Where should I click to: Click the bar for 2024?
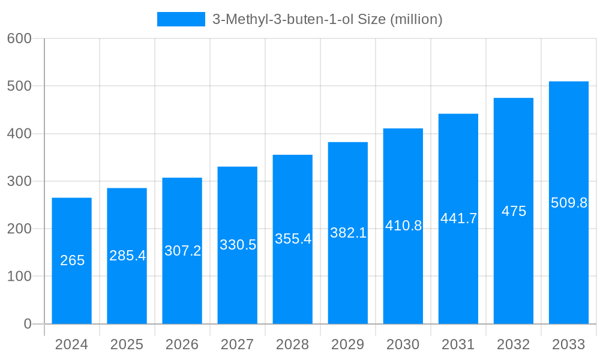pyautogui.click(x=72, y=261)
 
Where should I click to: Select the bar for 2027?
pyautogui.click(x=238, y=245)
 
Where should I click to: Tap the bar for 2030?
pyautogui.click(x=403, y=226)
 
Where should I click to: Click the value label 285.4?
pyautogui.click(x=128, y=256)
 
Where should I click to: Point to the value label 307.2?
pyautogui.click(x=183, y=251)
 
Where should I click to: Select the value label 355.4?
pyautogui.click(x=293, y=239)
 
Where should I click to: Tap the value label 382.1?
pyautogui.click(x=349, y=233)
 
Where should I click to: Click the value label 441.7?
pyautogui.click(x=459, y=219)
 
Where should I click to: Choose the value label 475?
pyautogui.click(x=514, y=211)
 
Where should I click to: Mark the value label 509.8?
pyautogui.click(x=569, y=203)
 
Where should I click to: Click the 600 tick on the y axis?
pyautogui.click(x=19, y=38)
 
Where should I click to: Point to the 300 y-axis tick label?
pyautogui.click(x=19, y=181)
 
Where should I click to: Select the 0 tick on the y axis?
pyautogui.click(x=28, y=324)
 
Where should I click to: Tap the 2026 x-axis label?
pyautogui.click(x=182, y=344)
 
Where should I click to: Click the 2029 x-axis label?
pyautogui.click(x=348, y=344)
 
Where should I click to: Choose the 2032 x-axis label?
pyautogui.click(x=514, y=344)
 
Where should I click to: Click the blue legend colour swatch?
pyautogui.click(x=181, y=19)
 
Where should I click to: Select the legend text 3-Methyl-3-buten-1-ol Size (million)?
pyautogui.click(x=328, y=19)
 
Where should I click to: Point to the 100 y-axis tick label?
pyautogui.click(x=19, y=277)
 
